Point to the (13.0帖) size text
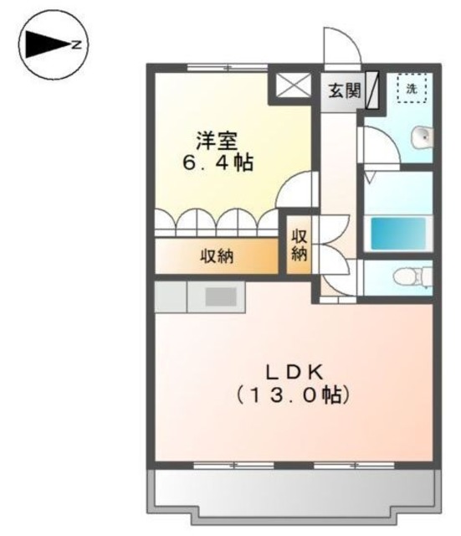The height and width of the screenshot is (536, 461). pos(291,394)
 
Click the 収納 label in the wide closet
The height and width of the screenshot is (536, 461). pos(217,257)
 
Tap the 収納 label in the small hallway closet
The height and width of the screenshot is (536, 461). pos(300,244)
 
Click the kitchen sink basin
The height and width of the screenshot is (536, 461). pos(221,296)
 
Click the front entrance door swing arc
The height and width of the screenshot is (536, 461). pos(341,44)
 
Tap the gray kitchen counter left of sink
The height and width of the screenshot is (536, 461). pos(172,296)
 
